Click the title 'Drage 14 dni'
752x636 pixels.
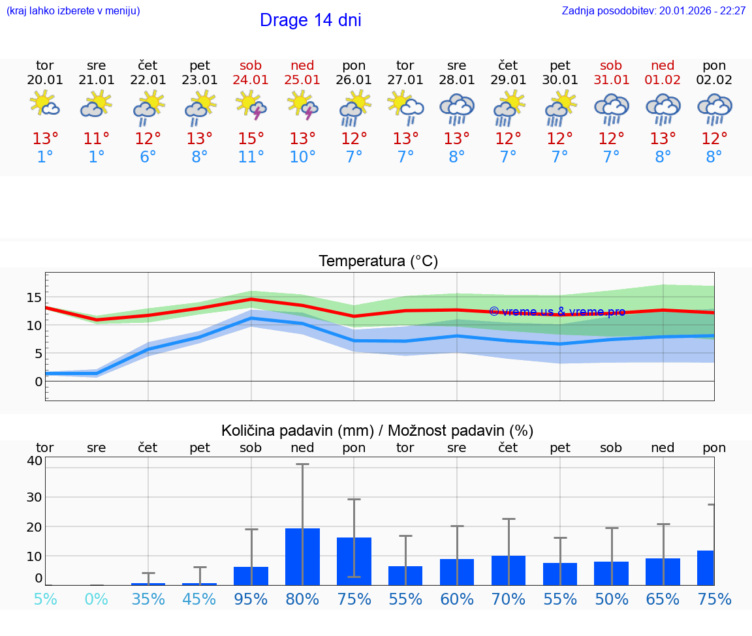pyautogui.click(x=310, y=20)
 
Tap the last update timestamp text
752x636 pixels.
pyautogui.click(x=653, y=10)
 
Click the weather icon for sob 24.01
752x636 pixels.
pyautogui.click(x=251, y=106)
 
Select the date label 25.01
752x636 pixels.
pyautogui.click(x=302, y=80)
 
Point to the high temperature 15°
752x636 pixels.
pyautogui.click(x=251, y=138)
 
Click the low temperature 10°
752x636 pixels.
pyautogui.click(x=302, y=157)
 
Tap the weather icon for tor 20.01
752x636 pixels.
pyautogui.click(x=44, y=104)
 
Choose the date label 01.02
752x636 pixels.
pyautogui.click(x=663, y=80)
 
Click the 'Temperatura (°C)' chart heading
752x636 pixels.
pyautogui.click(x=378, y=262)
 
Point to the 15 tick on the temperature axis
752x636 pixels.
pyautogui.click(x=35, y=297)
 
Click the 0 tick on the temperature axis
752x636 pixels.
pyautogui.click(x=39, y=381)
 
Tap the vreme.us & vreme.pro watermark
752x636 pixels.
pyautogui.click(x=557, y=312)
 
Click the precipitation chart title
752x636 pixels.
pyautogui.click(x=377, y=431)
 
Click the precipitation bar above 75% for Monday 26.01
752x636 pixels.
pyautogui.click(x=354, y=561)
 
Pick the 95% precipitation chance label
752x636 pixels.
pyautogui.click(x=251, y=599)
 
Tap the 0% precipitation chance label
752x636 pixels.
pyautogui.click(x=96, y=599)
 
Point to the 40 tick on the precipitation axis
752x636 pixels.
pyautogui.click(x=35, y=461)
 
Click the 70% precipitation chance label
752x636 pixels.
pyautogui.click(x=508, y=599)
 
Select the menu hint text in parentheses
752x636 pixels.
pyautogui.click(x=73, y=10)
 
